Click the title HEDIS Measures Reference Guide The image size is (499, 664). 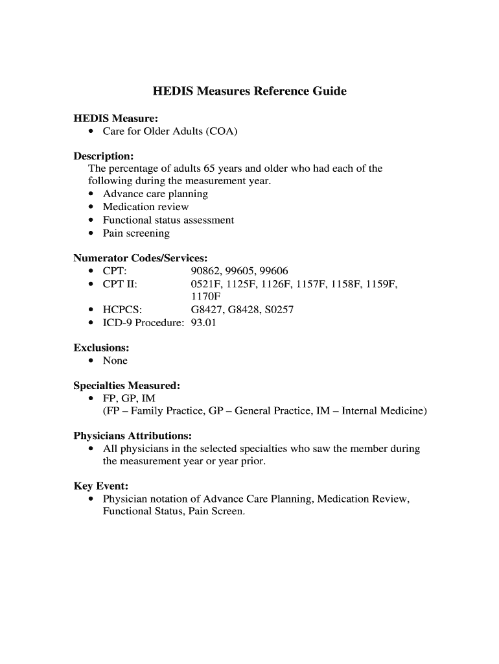(x=250, y=91)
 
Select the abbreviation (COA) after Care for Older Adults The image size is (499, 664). (x=222, y=132)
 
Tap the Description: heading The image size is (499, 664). (x=104, y=156)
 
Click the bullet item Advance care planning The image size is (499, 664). (x=156, y=194)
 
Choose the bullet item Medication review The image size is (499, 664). (x=146, y=207)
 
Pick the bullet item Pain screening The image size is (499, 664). (x=136, y=233)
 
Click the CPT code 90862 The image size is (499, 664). (x=205, y=270)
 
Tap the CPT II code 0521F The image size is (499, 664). (x=205, y=284)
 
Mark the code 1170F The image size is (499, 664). (x=205, y=296)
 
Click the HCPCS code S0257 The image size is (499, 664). (x=279, y=309)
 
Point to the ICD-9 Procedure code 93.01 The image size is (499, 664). (x=203, y=322)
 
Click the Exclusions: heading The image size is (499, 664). (x=101, y=348)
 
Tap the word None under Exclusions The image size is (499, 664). (x=115, y=361)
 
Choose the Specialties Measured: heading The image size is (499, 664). (x=126, y=385)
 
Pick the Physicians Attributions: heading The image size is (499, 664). (x=132, y=436)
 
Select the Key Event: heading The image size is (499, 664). (x=100, y=486)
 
